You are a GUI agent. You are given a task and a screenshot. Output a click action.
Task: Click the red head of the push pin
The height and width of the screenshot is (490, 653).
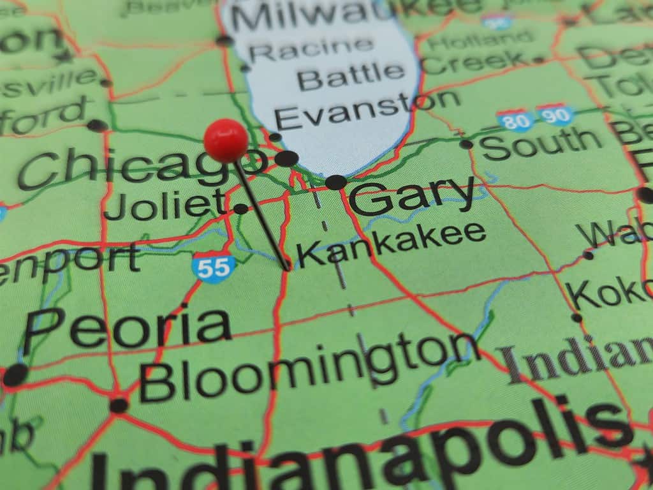[x=226, y=140]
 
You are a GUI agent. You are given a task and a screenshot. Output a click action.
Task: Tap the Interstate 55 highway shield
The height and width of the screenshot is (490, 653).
[x=213, y=267]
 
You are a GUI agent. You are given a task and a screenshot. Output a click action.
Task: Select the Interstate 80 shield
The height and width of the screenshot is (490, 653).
[x=515, y=119]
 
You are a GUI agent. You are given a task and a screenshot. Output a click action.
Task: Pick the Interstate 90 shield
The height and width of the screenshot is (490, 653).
[x=555, y=115]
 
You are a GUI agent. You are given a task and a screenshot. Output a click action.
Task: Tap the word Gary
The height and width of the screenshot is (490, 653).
[x=411, y=195]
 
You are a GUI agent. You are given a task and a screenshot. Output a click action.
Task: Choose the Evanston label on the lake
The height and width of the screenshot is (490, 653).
[x=367, y=110]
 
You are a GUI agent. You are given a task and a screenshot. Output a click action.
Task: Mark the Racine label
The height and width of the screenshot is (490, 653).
[x=311, y=50]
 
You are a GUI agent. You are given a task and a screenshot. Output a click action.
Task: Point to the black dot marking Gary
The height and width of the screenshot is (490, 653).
[x=336, y=182]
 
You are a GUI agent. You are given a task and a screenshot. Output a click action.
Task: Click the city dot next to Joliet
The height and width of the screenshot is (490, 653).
[x=240, y=209]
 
